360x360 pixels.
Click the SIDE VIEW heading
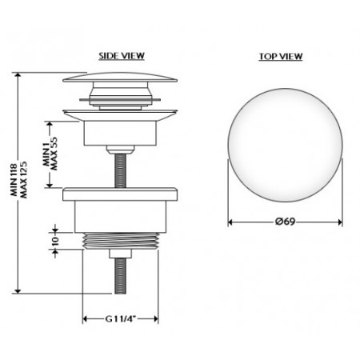coord(122,56)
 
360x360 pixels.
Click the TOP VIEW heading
coord(281,57)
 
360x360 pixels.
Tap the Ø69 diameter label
coord(285,222)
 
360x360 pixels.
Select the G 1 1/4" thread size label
coord(121,318)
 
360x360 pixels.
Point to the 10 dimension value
coord(54,241)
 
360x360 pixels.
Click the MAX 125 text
coord(24,179)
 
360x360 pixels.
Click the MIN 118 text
coord(14,179)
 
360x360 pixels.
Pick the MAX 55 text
coord(54,154)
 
